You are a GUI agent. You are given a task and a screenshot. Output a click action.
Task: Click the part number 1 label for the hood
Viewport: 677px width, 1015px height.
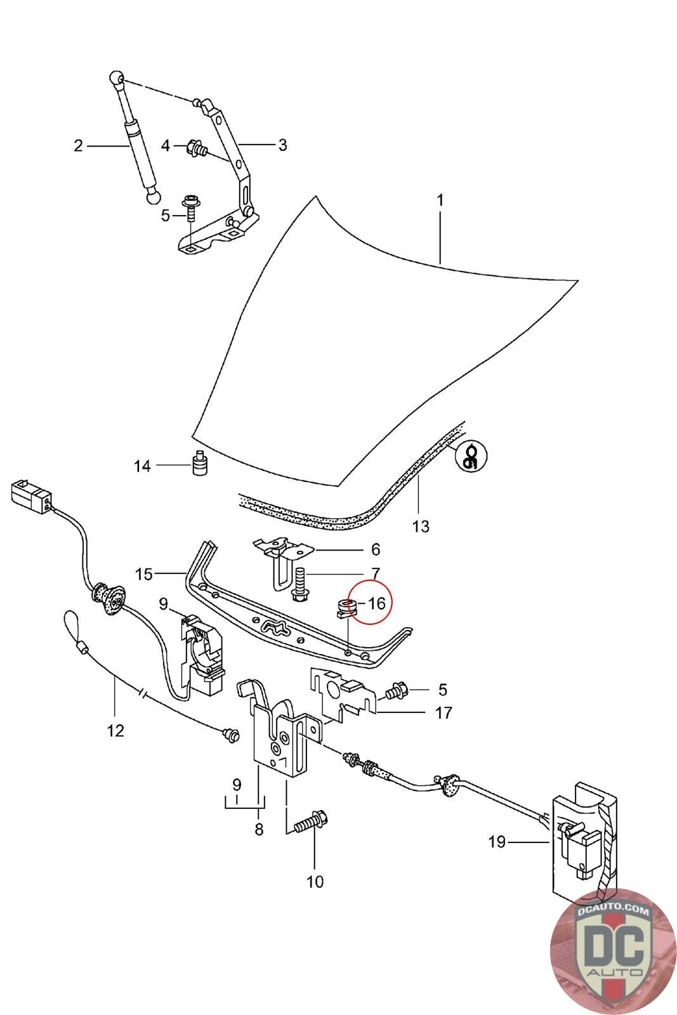click(440, 200)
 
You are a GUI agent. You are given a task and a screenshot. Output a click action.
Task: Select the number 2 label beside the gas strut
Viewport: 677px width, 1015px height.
click(78, 146)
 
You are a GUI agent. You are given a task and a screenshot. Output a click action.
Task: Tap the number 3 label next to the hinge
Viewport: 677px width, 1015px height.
click(282, 145)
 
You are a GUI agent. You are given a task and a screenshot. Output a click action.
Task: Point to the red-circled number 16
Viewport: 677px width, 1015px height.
click(376, 603)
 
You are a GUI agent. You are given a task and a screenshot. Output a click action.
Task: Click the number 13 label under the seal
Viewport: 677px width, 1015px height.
click(421, 526)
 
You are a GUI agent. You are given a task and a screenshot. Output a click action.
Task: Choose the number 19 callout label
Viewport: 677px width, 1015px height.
click(497, 842)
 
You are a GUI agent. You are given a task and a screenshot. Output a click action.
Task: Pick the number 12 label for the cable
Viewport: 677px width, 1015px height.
click(115, 731)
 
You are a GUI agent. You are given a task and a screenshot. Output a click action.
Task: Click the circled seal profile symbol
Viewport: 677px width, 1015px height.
click(471, 455)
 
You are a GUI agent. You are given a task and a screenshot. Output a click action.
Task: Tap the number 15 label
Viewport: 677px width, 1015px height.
click(144, 574)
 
